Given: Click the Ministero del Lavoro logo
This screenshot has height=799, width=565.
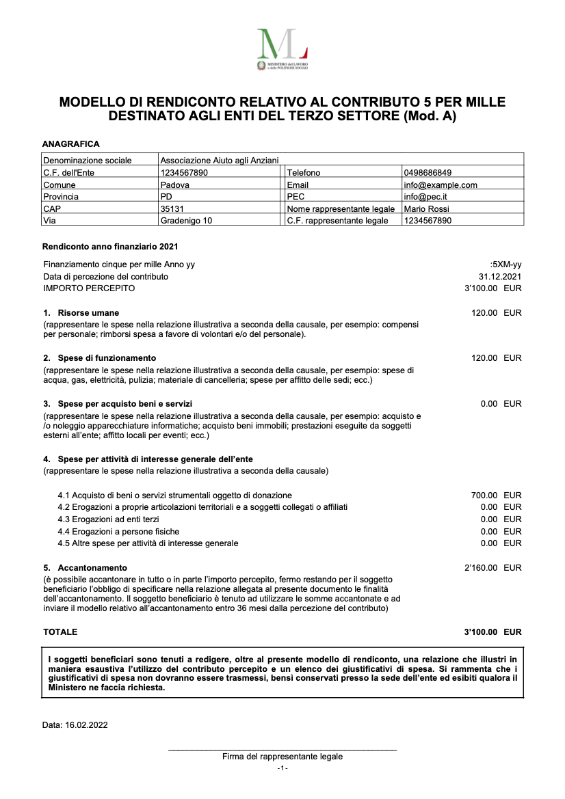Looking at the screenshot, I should (282, 49).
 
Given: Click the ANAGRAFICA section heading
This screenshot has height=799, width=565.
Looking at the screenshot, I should (70, 144).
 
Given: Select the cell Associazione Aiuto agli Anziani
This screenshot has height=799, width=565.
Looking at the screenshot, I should (220, 161).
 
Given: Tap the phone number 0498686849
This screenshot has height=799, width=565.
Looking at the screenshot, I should (428, 173).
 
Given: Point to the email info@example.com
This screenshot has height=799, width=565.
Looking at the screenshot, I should (441, 185).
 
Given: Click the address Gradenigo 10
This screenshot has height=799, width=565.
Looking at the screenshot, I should (186, 221).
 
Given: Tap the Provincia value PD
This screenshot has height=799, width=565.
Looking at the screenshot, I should (166, 197).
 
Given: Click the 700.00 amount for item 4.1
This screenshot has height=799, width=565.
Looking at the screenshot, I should (484, 496).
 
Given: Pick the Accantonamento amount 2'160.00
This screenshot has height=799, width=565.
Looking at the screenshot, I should (481, 568).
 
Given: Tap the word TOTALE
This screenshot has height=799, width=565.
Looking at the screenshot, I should (60, 632).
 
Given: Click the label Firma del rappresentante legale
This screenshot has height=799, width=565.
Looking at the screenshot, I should (282, 757).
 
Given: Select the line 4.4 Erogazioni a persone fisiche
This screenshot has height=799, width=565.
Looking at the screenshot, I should (118, 532).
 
